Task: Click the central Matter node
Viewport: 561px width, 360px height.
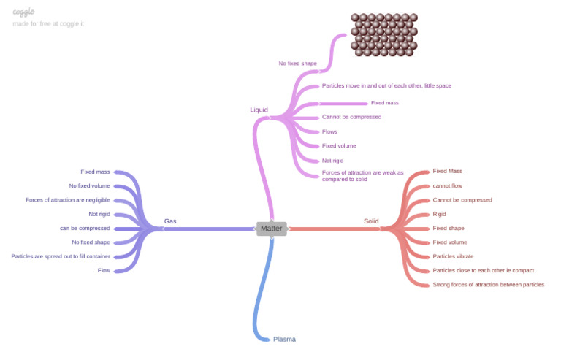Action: pyautogui.click(x=271, y=229)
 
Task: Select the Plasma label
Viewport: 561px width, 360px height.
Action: pyautogui.click(x=284, y=340)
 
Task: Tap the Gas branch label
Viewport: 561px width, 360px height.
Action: pyautogui.click(x=169, y=221)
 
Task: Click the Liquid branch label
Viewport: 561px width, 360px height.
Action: pyautogui.click(x=259, y=110)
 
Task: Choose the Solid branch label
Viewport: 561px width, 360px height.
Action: pyautogui.click(x=371, y=221)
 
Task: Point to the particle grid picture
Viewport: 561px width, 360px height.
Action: pyautogui.click(x=383, y=34)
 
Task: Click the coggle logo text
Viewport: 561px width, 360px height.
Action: pyautogui.click(x=23, y=12)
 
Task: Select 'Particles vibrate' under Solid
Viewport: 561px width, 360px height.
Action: pyautogui.click(x=453, y=256)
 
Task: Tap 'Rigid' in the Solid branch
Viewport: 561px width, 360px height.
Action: pyautogui.click(x=439, y=214)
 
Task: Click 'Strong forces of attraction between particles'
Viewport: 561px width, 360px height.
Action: pyautogui.click(x=488, y=285)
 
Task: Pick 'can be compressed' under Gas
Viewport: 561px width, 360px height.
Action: pyautogui.click(x=85, y=228)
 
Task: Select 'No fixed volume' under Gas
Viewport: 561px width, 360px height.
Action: pyautogui.click(x=89, y=185)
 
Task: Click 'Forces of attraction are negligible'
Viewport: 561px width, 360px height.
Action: pyautogui.click(x=67, y=200)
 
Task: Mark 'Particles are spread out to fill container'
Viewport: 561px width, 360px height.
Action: pyautogui.click(x=61, y=256)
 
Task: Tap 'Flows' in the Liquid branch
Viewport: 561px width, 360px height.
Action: pyautogui.click(x=329, y=131)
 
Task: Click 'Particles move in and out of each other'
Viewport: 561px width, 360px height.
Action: pyautogui.click(x=386, y=85)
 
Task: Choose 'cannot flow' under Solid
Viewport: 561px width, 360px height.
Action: pyautogui.click(x=447, y=185)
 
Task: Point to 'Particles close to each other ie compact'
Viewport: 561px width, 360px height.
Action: pyautogui.click(x=483, y=270)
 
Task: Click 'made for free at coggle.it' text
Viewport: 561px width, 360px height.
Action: pyautogui.click(x=47, y=23)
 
